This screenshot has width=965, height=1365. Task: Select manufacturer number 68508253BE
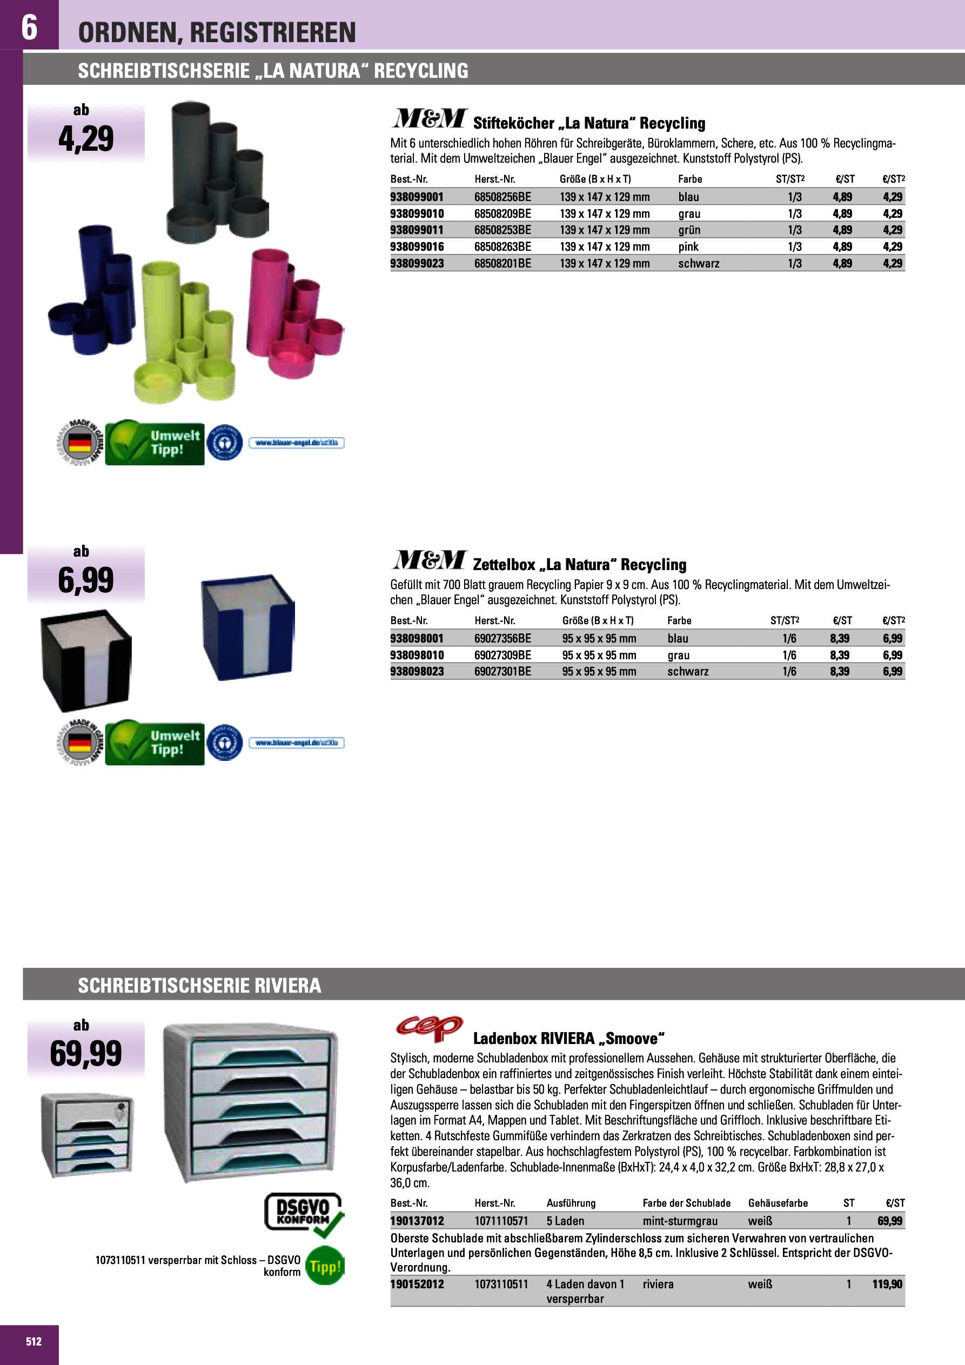[502, 230]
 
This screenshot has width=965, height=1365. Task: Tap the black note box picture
[86, 660]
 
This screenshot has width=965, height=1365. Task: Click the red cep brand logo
[428, 1028]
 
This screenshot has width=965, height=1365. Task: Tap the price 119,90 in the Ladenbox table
[887, 1284]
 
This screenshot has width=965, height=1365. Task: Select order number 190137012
[417, 1221]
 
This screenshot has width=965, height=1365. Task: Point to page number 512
[34, 1341]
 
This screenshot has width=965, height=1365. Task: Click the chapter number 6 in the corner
[29, 27]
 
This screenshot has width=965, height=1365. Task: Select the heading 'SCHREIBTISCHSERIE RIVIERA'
[199, 986]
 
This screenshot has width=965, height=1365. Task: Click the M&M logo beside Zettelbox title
[428, 559]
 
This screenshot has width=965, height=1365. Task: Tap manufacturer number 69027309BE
[502, 655]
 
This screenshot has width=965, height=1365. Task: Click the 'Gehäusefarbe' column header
[778, 1203]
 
